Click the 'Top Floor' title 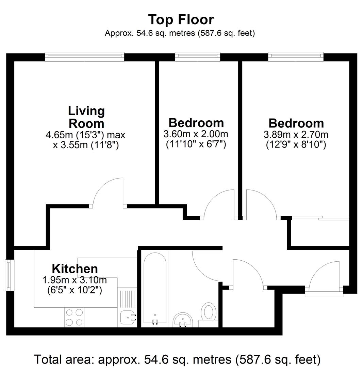(x=181, y=19)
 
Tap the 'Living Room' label (x=86, y=117)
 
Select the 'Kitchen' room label (x=75, y=269)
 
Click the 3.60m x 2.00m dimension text (x=196, y=134)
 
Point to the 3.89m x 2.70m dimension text (x=296, y=135)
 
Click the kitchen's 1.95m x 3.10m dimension (x=75, y=280)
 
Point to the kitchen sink (x=128, y=318)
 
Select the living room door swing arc (x=106, y=193)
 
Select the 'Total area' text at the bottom (x=177, y=359)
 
